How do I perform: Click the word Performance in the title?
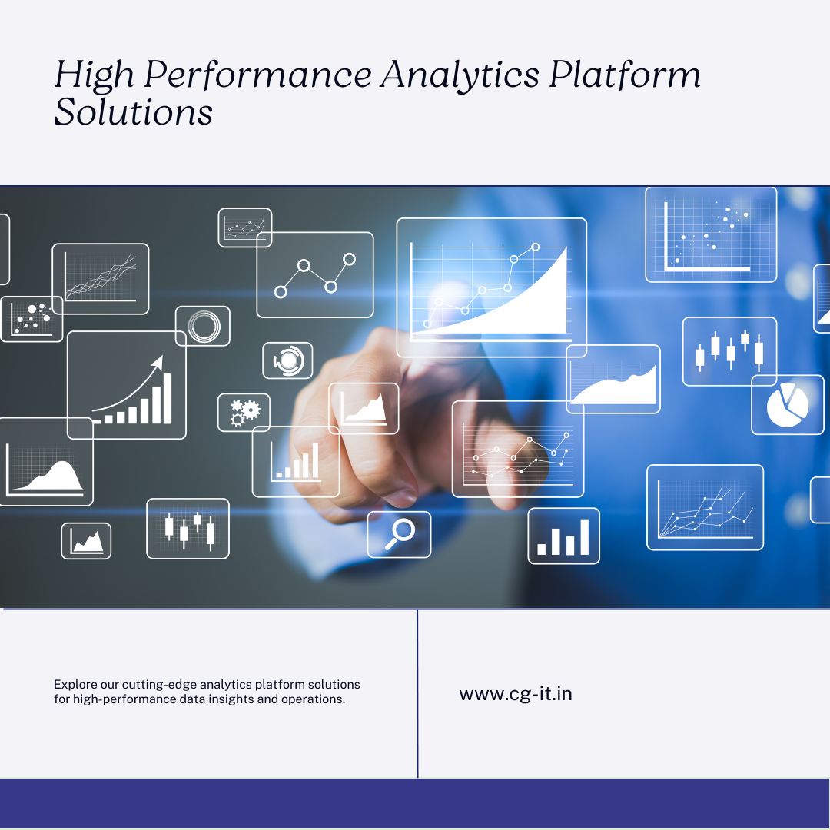257,75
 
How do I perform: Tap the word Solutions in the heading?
134,111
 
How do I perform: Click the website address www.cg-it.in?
516,693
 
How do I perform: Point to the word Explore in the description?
75,685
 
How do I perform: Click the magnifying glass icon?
399,534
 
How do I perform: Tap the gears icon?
244,413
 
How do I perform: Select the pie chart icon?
788,405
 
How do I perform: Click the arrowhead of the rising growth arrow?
158,361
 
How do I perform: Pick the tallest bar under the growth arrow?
168,398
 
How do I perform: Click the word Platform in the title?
625,74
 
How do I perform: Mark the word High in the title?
95,75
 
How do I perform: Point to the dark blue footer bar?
414,803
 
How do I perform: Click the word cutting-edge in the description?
159,685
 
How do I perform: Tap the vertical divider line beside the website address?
417,693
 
